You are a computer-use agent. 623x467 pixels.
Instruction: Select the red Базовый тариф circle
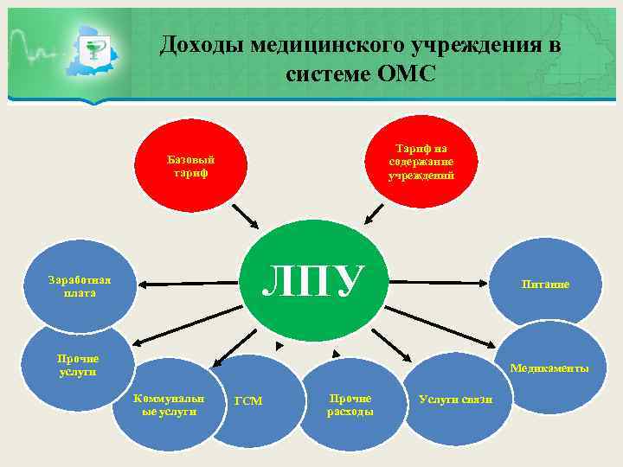click(190, 165)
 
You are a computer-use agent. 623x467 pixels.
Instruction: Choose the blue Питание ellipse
click(545, 285)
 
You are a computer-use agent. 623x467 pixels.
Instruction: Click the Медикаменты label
click(549, 368)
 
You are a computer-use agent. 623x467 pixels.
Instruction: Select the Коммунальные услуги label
click(170, 405)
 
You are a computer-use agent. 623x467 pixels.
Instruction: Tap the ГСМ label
click(249, 400)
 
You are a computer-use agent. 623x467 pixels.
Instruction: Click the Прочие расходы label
click(350, 405)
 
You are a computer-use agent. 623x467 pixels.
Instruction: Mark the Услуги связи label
click(455, 400)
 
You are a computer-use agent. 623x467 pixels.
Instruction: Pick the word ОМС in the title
click(407, 74)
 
